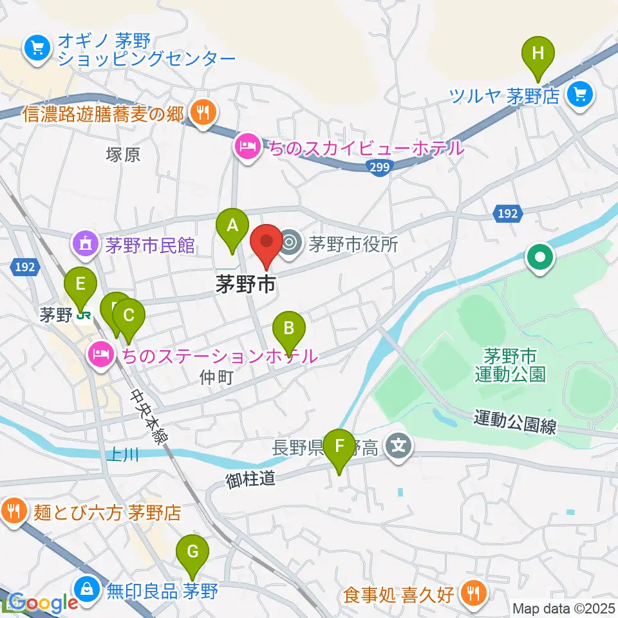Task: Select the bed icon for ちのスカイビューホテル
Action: coord(248,146)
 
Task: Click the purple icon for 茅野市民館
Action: coord(85,243)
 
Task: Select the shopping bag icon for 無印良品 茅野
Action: coord(86,588)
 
